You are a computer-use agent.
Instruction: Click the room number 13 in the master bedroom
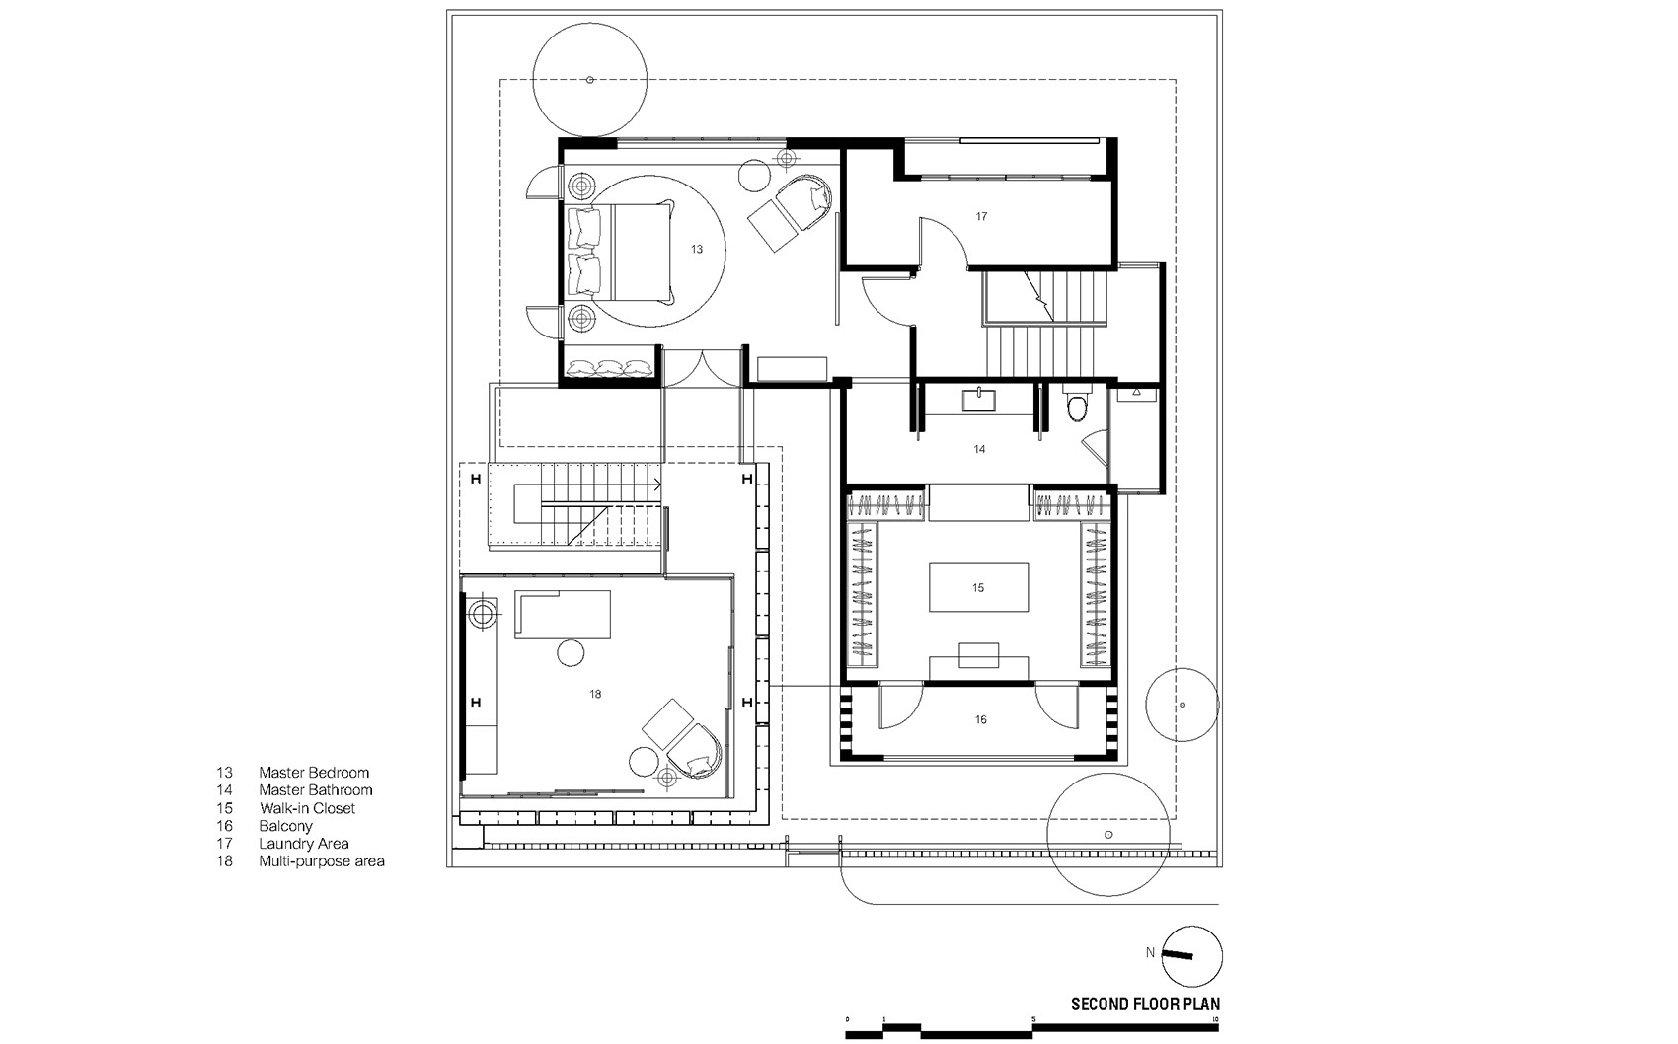coord(697,249)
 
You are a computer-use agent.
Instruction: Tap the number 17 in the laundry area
coord(981,216)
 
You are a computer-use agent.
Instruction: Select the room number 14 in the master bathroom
coord(979,449)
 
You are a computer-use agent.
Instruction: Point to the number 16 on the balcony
coord(980,719)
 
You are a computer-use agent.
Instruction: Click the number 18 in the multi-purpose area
coord(595,695)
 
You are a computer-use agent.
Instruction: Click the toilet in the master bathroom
coord(1077,406)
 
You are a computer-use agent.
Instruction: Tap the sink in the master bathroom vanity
coord(979,400)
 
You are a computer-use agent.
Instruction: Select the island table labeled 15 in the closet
coord(978,588)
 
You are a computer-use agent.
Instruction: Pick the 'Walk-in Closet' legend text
coord(307,808)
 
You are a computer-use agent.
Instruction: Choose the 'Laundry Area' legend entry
coord(303,844)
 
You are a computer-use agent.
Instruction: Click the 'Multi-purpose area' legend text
coord(322,861)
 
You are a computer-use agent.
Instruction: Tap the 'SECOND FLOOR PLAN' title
coord(1145,1004)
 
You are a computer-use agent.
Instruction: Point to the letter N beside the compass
coord(1150,952)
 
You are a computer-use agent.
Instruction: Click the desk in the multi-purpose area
coord(563,614)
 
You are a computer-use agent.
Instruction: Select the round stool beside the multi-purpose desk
coord(571,652)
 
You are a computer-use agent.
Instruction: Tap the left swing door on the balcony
coord(900,705)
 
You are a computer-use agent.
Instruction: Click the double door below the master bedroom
coord(701,368)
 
